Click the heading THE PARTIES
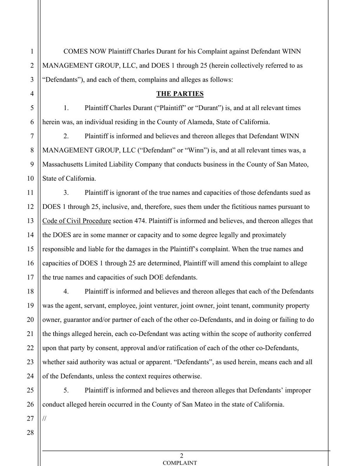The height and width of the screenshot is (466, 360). [180, 94]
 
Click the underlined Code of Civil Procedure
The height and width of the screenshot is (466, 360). [77, 221]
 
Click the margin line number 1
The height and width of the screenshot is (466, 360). [32, 52]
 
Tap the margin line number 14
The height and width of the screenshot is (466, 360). [31, 235]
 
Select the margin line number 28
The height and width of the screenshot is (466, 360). [31, 433]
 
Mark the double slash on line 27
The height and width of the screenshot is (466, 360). [44, 418]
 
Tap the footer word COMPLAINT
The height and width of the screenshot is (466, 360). [179, 463]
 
